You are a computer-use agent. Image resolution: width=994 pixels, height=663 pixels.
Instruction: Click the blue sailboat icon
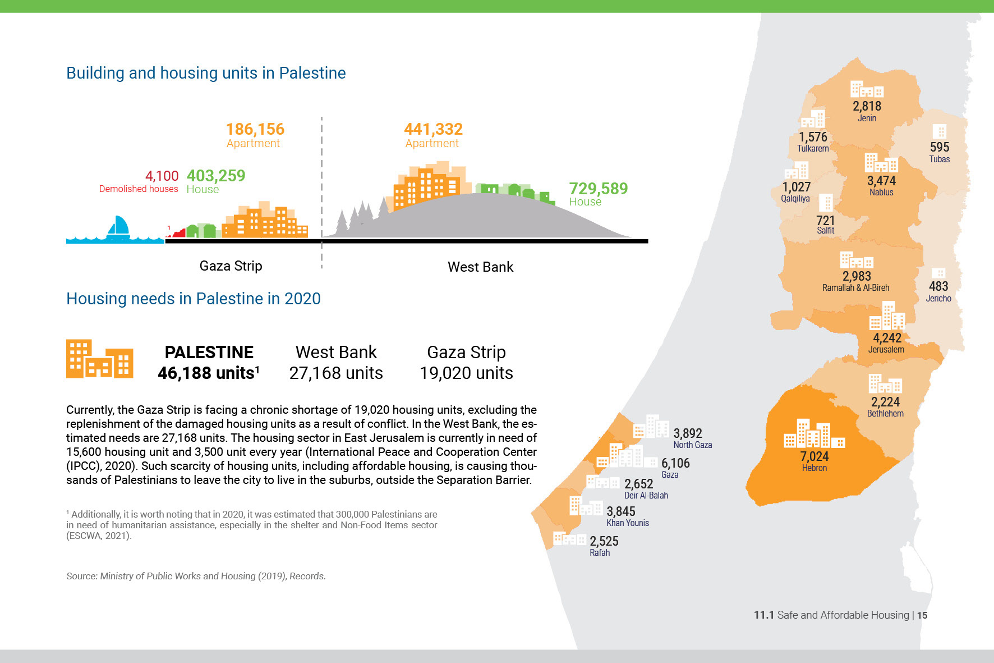(x=118, y=227)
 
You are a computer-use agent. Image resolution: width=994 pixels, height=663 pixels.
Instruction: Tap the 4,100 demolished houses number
(x=162, y=176)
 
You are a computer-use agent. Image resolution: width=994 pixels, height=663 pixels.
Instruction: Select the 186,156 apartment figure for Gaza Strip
(x=255, y=130)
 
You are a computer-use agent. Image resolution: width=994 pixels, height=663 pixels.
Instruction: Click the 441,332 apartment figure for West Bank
(x=433, y=130)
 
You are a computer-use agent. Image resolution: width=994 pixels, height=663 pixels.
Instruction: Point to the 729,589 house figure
(x=598, y=189)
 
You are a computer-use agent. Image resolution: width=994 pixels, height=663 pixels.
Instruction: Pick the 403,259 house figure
(x=216, y=176)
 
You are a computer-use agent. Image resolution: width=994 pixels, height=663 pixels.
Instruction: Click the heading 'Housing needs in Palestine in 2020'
(x=194, y=299)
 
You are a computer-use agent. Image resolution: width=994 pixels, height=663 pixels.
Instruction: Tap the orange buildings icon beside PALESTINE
(x=100, y=359)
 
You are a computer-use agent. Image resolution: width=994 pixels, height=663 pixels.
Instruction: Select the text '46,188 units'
(x=206, y=373)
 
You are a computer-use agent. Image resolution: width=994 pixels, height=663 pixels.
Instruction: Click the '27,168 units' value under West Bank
(x=336, y=373)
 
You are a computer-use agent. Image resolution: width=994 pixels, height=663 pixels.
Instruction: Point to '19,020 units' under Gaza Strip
(x=466, y=373)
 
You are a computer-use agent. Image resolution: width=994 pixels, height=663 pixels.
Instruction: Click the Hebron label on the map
(x=814, y=468)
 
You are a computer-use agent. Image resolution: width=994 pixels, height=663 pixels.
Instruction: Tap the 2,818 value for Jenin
(x=867, y=106)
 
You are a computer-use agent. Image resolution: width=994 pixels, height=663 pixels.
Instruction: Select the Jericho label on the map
(x=938, y=299)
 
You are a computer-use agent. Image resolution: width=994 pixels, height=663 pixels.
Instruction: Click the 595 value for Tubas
(x=939, y=147)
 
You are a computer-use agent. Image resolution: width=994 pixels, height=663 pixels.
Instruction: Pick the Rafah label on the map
(x=599, y=553)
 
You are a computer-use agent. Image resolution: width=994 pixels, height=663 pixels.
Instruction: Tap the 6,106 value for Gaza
(x=675, y=463)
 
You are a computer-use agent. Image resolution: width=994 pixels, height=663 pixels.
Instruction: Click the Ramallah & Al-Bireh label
(x=855, y=288)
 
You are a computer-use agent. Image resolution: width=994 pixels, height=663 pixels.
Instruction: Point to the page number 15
(x=922, y=615)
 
